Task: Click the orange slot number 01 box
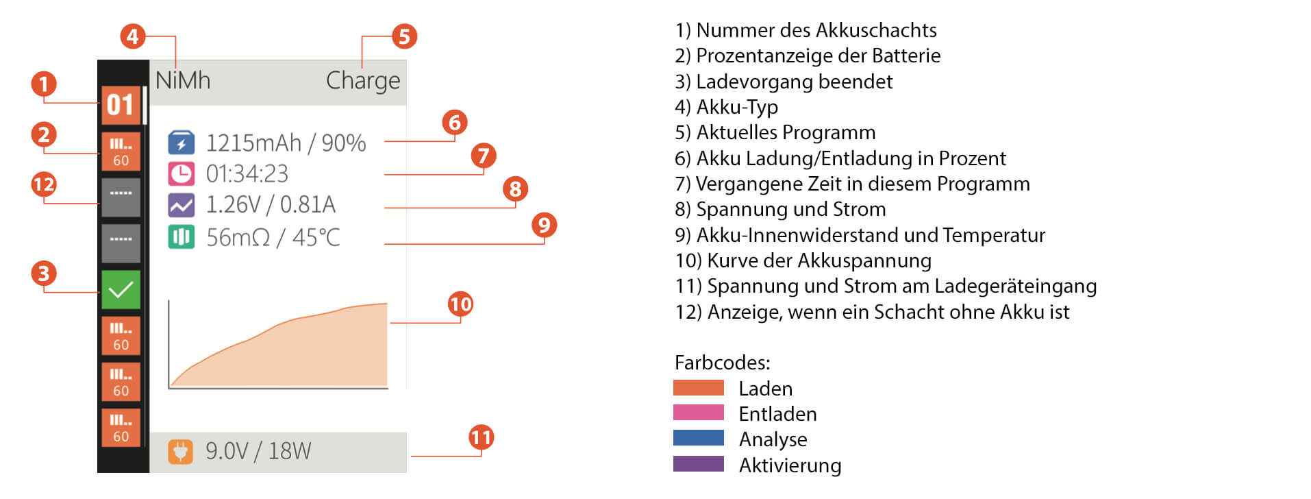click(121, 105)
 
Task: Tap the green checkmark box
click(121, 289)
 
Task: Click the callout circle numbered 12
click(44, 184)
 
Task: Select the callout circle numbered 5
click(404, 36)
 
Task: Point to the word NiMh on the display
click(183, 81)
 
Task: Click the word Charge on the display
click(362, 81)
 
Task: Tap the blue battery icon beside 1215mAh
click(181, 143)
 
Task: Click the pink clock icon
click(181, 174)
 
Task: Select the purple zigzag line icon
click(181, 205)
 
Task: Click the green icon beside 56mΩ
click(181, 237)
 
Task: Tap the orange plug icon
click(180, 451)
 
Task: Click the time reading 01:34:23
click(247, 174)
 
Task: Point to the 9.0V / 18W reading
click(258, 451)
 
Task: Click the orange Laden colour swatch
click(698, 388)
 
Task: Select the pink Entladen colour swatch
click(698, 413)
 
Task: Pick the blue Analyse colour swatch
click(698, 438)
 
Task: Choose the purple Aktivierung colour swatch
click(698, 464)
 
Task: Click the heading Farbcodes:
click(722, 362)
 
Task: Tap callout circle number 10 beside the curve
click(460, 304)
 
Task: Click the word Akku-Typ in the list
click(737, 107)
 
